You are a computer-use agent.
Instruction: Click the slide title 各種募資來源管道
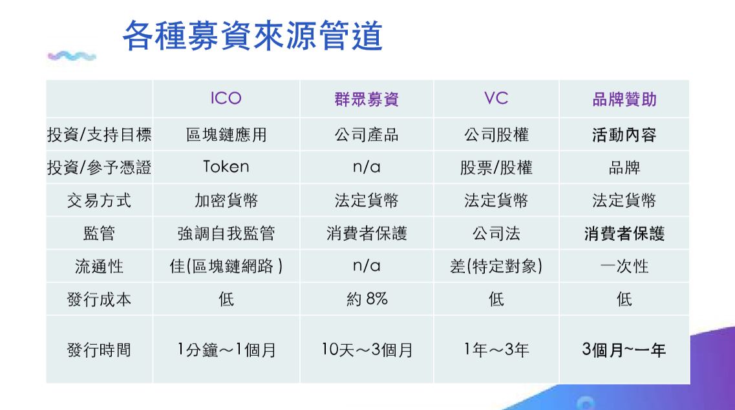click(x=253, y=36)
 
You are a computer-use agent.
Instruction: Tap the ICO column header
click(x=226, y=98)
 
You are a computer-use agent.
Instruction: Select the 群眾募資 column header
click(x=367, y=99)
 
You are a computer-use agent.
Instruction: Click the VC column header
click(x=496, y=98)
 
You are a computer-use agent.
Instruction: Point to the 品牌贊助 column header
click(x=624, y=99)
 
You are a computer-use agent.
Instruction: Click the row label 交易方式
click(x=99, y=201)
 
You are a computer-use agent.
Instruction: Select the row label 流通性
click(x=99, y=266)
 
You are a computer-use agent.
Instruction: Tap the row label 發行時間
click(x=99, y=349)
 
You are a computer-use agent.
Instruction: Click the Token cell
click(x=226, y=167)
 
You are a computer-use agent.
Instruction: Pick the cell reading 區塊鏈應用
click(x=226, y=135)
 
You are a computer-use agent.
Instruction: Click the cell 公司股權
click(x=496, y=135)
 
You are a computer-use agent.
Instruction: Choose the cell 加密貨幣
click(x=226, y=201)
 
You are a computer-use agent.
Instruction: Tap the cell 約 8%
click(x=367, y=299)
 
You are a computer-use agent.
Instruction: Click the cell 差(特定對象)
click(x=496, y=266)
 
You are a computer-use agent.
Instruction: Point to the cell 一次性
click(x=624, y=266)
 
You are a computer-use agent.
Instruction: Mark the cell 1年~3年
click(x=496, y=349)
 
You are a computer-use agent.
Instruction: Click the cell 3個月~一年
click(x=624, y=349)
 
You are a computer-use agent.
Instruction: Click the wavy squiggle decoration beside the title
click(x=72, y=57)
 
